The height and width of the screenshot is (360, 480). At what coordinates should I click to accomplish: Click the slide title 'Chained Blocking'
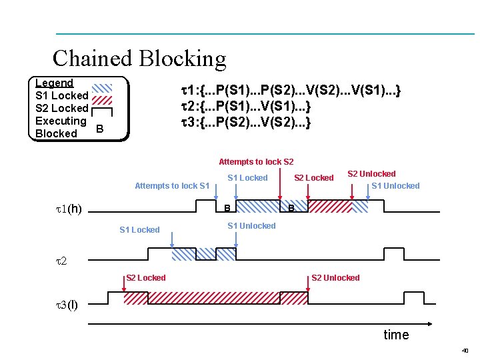(x=139, y=59)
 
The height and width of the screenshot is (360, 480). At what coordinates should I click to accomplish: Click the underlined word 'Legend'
(x=54, y=83)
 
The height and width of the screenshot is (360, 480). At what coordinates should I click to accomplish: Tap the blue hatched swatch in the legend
(x=102, y=88)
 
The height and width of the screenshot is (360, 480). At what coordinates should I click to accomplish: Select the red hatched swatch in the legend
(x=102, y=100)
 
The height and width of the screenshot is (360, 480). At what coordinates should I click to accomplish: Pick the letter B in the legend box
(x=100, y=129)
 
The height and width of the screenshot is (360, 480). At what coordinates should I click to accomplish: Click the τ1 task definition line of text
(x=291, y=90)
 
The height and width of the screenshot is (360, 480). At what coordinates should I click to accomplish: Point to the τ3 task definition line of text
(x=246, y=122)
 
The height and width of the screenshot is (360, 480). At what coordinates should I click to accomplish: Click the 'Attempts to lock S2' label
(x=256, y=161)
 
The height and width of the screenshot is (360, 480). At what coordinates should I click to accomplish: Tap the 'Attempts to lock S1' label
(x=172, y=186)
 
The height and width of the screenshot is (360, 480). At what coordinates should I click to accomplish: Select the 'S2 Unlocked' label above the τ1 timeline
(x=371, y=174)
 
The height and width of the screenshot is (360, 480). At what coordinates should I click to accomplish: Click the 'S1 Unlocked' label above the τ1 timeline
(x=395, y=186)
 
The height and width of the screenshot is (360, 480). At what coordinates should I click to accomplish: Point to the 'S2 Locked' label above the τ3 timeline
(x=146, y=277)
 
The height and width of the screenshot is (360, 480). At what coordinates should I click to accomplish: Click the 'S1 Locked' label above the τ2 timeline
(x=139, y=229)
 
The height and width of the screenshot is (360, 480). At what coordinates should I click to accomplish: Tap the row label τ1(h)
(x=69, y=209)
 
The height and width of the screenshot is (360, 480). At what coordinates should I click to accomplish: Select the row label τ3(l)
(x=67, y=305)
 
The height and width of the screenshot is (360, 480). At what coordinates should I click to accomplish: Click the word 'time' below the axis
(x=397, y=335)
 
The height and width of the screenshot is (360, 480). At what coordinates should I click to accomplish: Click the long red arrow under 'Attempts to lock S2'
(x=280, y=184)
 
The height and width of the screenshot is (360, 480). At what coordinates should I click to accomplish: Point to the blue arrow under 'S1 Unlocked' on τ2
(x=236, y=240)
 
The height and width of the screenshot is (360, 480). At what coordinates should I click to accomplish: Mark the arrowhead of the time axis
(x=431, y=324)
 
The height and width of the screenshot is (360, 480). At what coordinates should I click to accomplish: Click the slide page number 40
(x=465, y=351)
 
